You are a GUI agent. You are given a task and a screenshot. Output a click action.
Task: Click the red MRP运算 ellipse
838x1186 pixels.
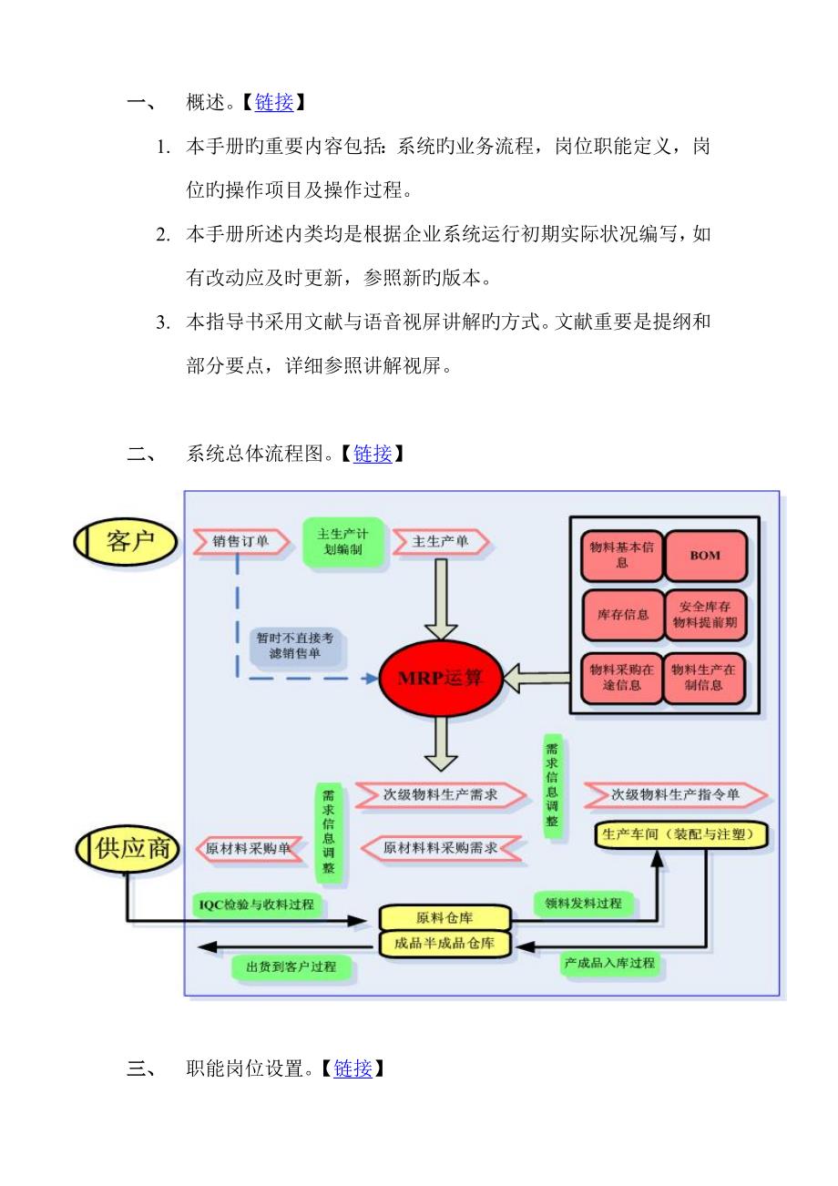[x=440, y=679]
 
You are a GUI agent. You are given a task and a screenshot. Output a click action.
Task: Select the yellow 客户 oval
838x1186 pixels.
[x=127, y=543]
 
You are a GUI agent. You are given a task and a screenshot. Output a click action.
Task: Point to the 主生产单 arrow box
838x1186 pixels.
[x=441, y=543]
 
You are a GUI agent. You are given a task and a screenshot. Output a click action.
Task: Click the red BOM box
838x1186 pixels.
[x=705, y=555]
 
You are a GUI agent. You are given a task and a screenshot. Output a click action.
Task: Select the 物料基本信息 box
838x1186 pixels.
[x=621, y=555]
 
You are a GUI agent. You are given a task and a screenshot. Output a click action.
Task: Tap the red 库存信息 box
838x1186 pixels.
[x=621, y=615]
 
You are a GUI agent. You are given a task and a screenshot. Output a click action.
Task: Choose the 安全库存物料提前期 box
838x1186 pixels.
[x=705, y=615]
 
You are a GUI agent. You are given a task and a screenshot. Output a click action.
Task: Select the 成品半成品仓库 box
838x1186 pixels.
[x=445, y=945]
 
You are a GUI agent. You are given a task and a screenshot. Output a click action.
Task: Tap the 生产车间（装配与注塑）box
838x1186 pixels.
[x=681, y=833]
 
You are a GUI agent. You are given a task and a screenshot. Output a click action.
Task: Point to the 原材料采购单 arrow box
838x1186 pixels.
[x=248, y=848]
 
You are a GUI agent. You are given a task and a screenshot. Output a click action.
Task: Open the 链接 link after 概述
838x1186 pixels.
[x=273, y=103]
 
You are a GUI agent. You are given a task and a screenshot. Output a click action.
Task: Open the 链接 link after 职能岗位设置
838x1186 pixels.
[x=353, y=1068]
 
